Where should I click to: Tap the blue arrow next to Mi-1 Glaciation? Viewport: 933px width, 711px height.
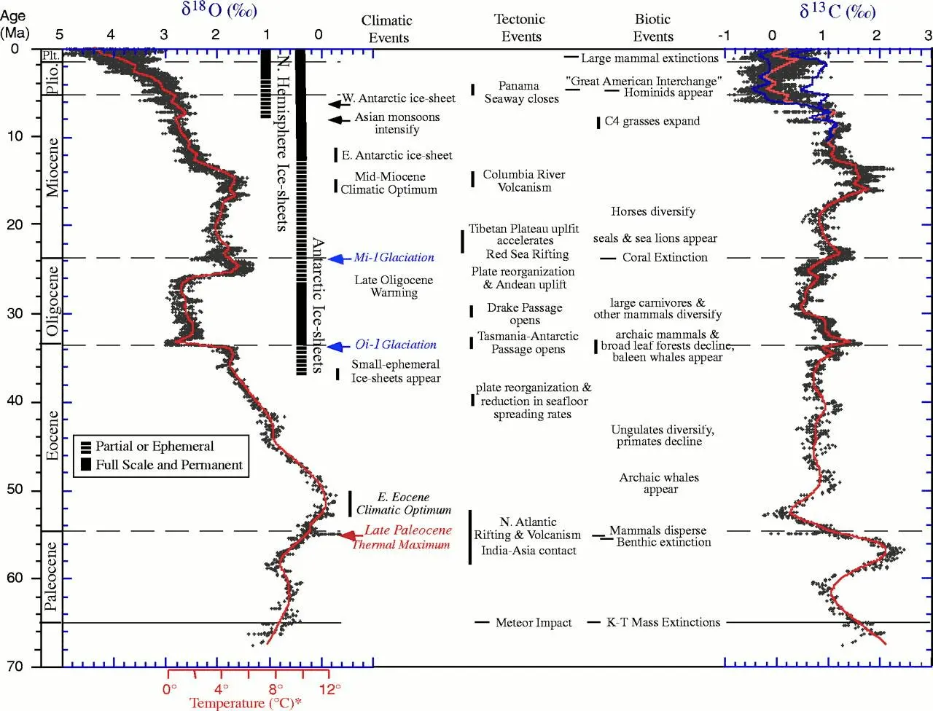[x=336, y=258]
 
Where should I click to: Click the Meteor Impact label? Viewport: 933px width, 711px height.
[x=533, y=623]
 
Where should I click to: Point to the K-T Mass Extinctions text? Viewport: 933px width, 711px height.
[x=663, y=622]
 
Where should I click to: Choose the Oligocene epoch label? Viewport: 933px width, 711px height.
[x=52, y=301]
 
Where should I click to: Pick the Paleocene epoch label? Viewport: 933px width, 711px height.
[x=50, y=576]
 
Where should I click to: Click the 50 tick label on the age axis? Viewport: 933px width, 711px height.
[x=15, y=490]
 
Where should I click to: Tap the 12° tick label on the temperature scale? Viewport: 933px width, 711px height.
[x=329, y=689]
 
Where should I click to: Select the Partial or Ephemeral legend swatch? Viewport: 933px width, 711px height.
[x=86, y=447]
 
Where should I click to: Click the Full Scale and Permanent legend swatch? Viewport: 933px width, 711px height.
[x=86, y=464]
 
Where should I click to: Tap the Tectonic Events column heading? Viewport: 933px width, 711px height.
[x=520, y=28]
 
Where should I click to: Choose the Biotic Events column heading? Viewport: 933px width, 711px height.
[x=653, y=28]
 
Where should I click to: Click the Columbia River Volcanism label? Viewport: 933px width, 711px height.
[x=524, y=181]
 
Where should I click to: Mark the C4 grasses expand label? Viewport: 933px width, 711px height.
[x=652, y=121]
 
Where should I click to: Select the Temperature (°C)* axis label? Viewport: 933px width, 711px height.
[x=246, y=703]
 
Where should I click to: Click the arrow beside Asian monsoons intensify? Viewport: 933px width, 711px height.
[x=338, y=119]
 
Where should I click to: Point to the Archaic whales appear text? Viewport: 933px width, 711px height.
[x=659, y=483]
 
